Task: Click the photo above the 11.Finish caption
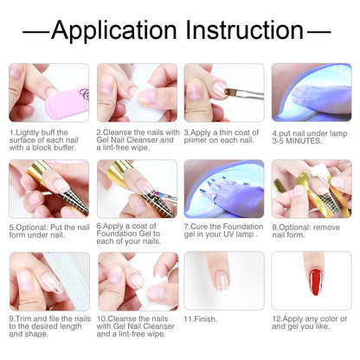point(223,280)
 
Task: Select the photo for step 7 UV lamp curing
point(223,188)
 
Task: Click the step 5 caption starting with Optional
point(48,231)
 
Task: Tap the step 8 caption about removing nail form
point(308,231)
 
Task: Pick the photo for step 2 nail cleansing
point(136,93)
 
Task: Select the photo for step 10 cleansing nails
point(136,280)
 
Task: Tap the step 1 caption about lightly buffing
point(48,144)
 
